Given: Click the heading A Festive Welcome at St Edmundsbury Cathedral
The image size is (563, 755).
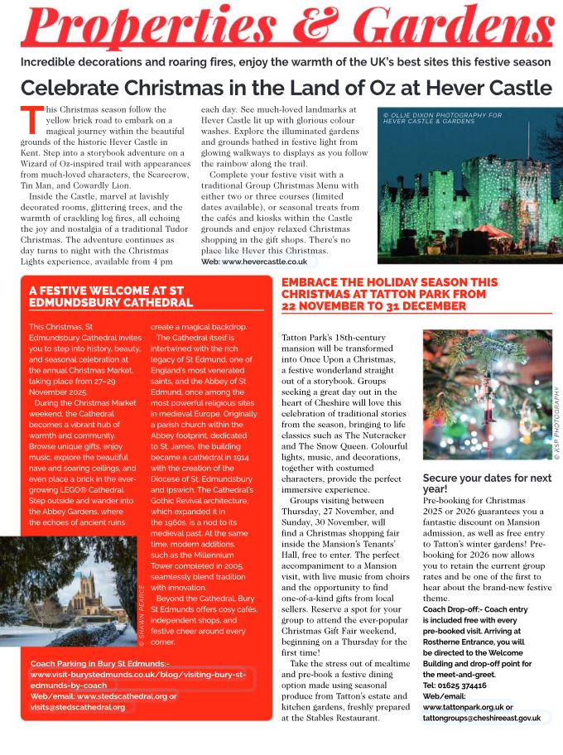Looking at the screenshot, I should click(112, 297).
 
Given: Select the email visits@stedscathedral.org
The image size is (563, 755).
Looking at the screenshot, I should click(78, 707).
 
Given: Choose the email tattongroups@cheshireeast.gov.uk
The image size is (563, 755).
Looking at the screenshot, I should click(482, 718).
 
